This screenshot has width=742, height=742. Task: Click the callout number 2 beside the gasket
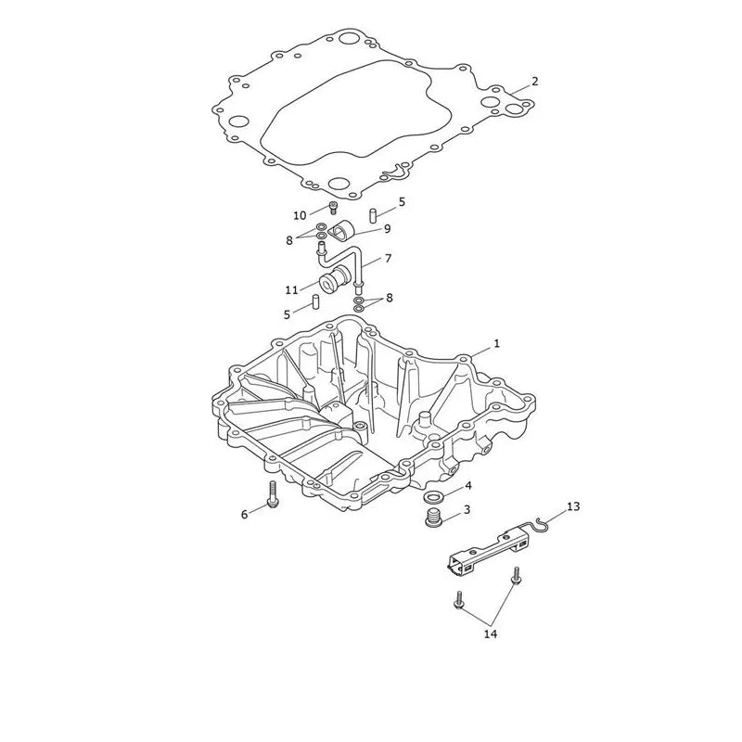point(534,82)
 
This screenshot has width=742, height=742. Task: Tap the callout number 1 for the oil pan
point(496,343)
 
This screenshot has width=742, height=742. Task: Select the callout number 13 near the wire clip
point(573,506)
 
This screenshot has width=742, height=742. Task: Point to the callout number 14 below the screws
point(491,633)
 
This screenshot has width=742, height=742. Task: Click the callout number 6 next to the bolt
point(244,515)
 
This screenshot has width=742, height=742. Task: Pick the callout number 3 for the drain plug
point(467,509)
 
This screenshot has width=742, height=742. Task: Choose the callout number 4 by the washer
point(468,485)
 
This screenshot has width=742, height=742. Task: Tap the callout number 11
point(291,290)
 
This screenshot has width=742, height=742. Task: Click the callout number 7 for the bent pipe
point(388,259)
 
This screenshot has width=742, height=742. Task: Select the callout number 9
point(387,229)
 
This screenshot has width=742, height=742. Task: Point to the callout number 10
point(300,216)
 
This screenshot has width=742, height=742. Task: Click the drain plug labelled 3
point(431,518)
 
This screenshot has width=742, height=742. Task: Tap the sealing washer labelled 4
point(431,497)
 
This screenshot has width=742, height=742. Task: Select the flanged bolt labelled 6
point(274,495)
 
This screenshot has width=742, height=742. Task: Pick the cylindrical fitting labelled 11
point(335,278)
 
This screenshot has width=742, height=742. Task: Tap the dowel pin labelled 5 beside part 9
point(373,215)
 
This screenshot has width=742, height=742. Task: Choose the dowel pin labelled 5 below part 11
point(314,301)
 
